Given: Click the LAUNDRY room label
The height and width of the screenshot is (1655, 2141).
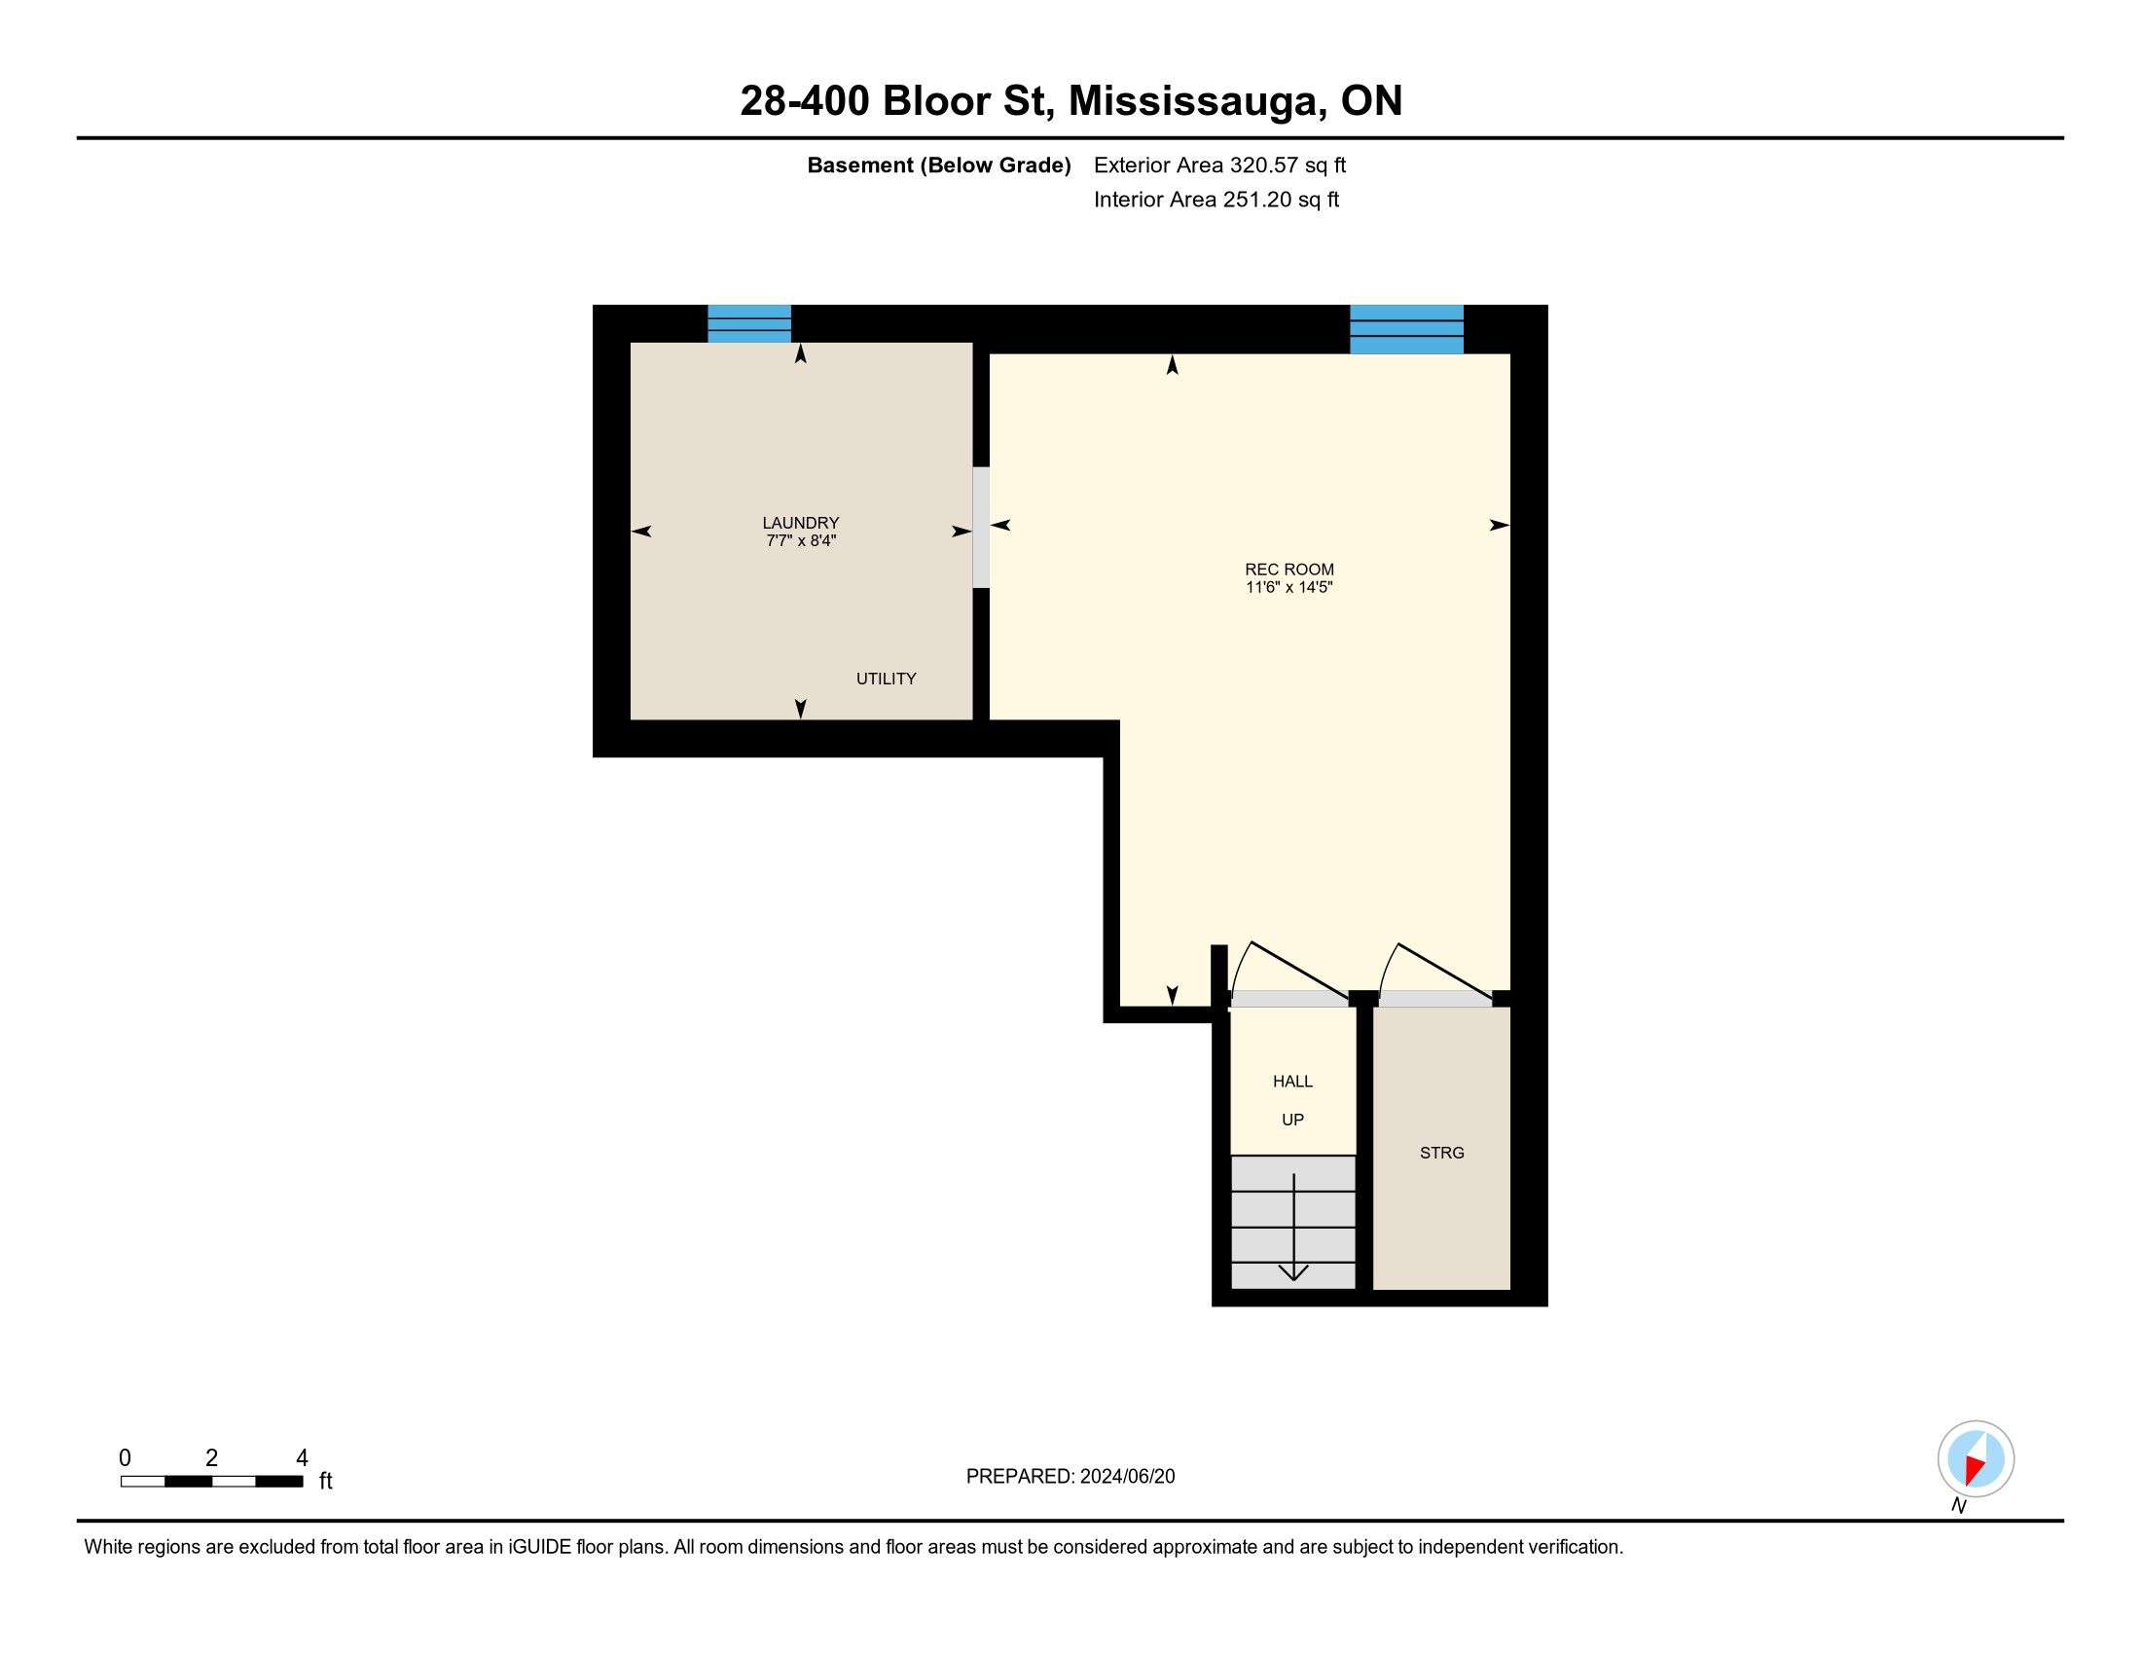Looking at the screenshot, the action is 801,523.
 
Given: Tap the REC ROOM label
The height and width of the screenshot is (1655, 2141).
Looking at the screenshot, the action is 1289,570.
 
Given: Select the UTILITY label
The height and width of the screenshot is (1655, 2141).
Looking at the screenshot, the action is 887,679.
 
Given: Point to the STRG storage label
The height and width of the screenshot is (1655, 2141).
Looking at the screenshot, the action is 1442,1153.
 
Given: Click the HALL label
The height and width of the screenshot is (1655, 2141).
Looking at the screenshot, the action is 1292,1082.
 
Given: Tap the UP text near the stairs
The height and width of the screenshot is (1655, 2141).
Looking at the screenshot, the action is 1293,1120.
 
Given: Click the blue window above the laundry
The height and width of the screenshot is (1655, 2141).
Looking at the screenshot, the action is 749,323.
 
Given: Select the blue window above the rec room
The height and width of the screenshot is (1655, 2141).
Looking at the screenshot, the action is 1407,329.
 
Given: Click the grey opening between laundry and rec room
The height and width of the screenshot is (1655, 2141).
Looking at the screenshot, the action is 980,528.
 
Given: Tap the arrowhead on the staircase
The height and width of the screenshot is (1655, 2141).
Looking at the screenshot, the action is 1294,1272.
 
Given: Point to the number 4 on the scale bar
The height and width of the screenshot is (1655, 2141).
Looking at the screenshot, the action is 302,1458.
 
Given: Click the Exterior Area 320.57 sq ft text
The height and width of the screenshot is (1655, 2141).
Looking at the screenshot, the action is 1219,165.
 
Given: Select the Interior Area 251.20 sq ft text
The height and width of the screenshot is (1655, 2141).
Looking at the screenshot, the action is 1216,200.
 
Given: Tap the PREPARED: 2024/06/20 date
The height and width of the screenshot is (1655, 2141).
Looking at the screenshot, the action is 1070,1477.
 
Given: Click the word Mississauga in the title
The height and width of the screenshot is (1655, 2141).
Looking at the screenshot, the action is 1194,102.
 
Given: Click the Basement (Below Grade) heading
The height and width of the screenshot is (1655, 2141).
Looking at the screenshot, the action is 938,165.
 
